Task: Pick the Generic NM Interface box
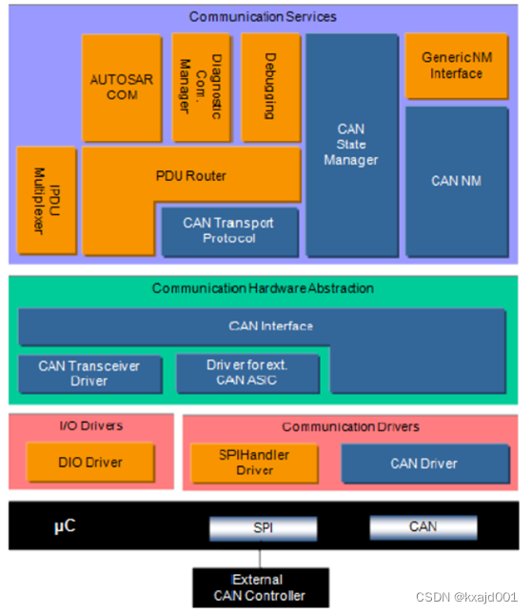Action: click(x=456, y=66)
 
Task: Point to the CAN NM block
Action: click(x=456, y=180)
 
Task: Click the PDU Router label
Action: click(x=190, y=175)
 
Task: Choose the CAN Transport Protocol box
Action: click(x=228, y=230)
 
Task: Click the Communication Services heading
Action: click(x=263, y=16)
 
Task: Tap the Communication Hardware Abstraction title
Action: click(x=263, y=287)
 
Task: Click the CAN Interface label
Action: click(x=270, y=326)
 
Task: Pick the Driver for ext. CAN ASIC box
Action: click(x=247, y=373)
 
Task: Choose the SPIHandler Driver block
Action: click(x=254, y=463)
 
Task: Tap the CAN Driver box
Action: click(x=424, y=464)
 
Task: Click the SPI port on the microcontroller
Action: click(x=263, y=526)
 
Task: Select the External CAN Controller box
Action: click(x=261, y=588)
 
